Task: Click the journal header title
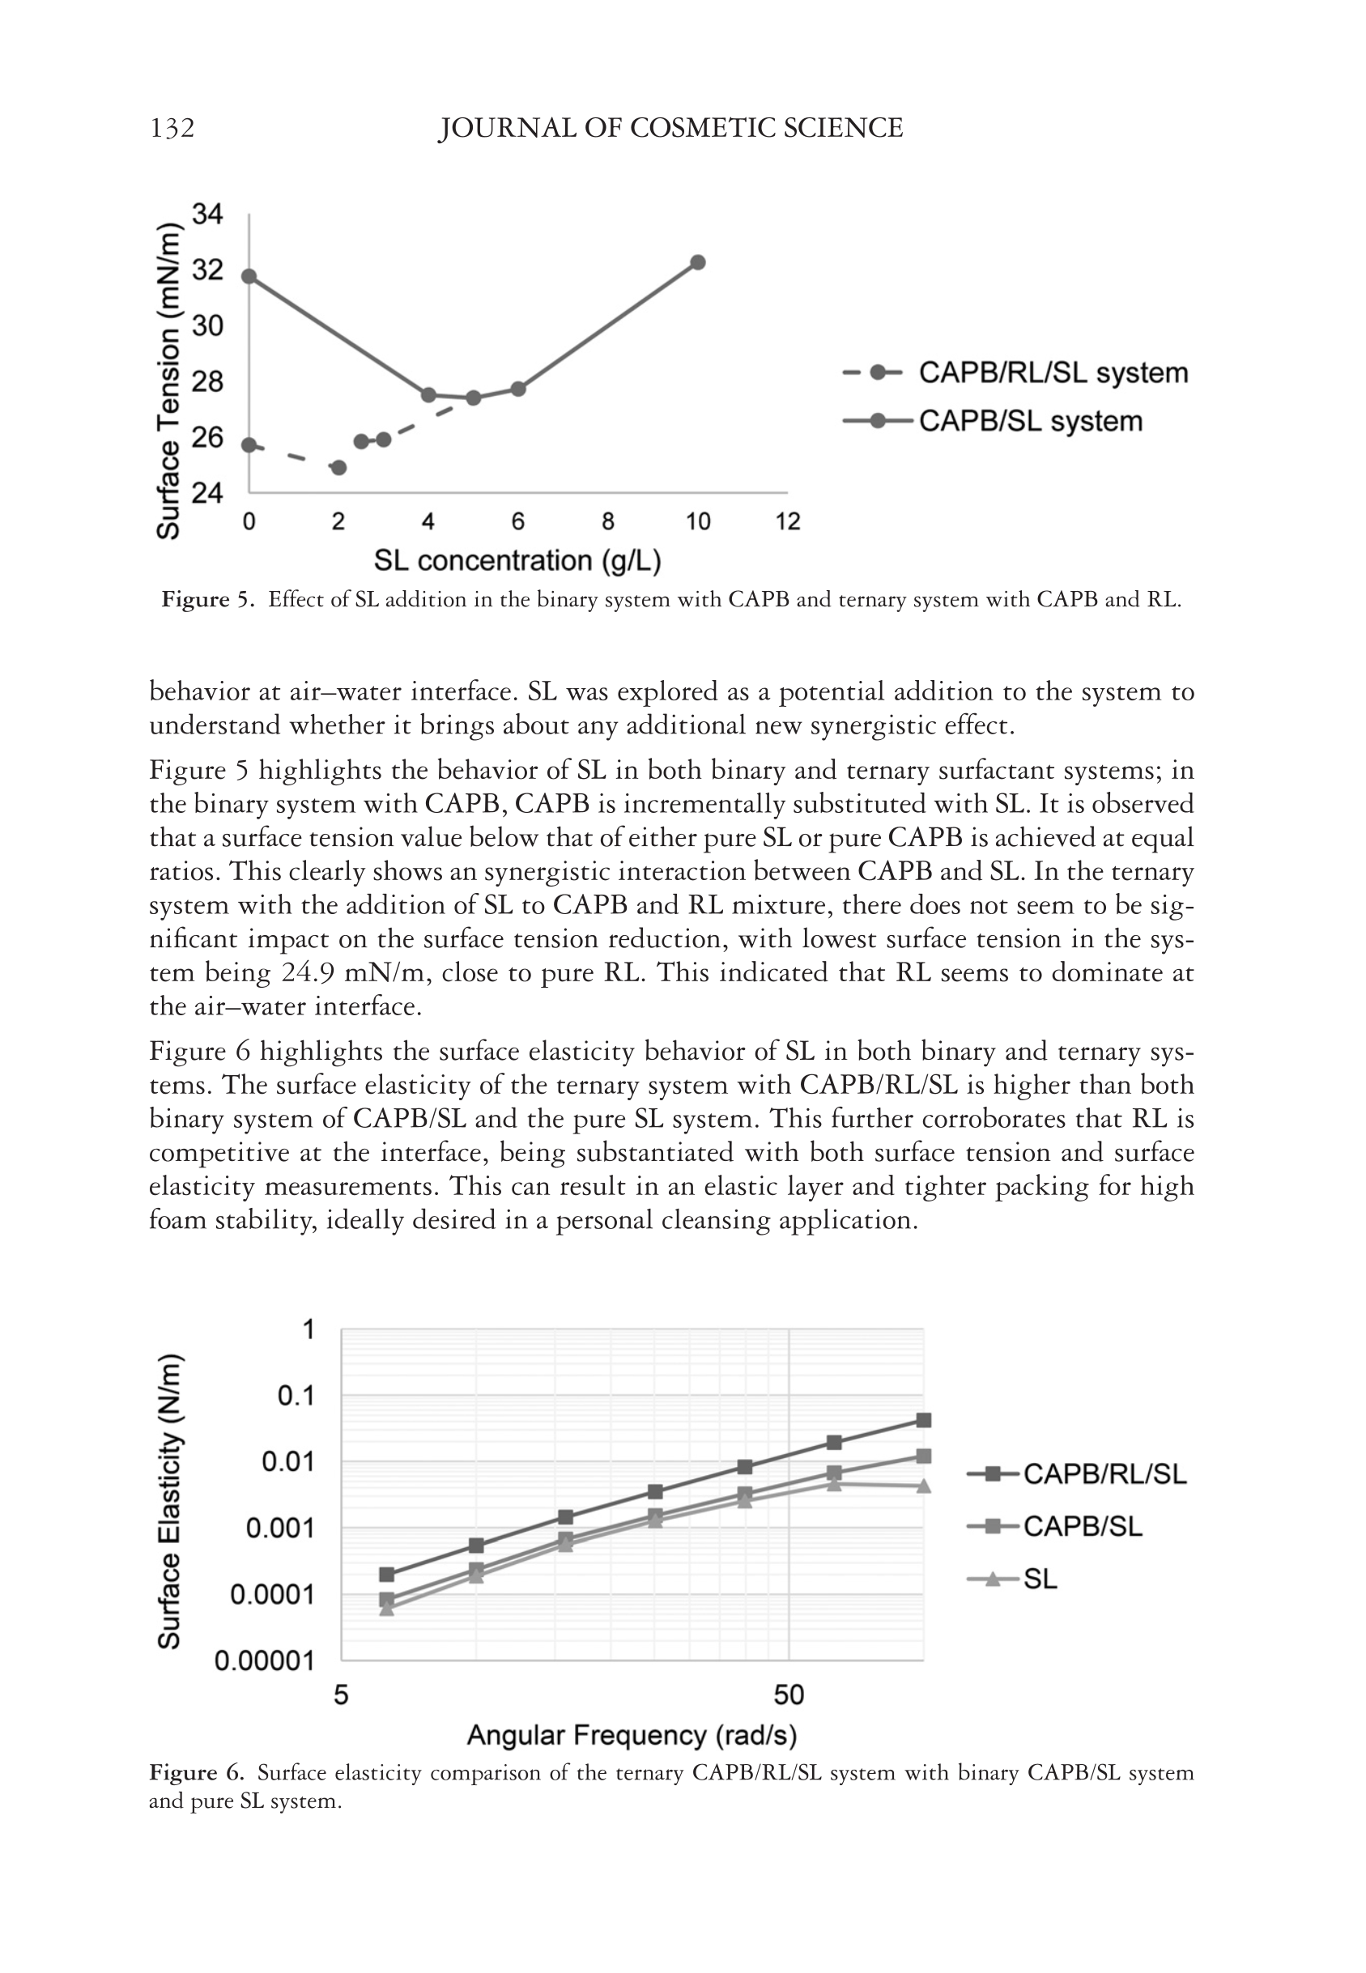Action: coord(670,129)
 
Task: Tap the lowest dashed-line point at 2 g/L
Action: coord(339,467)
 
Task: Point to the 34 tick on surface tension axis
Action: coord(207,214)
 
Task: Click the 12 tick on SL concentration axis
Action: coord(787,521)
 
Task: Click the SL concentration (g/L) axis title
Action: coord(517,560)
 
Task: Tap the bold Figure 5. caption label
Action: coord(208,599)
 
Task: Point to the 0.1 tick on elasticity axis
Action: coord(296,1396)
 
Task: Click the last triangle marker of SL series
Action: coord(924,1486)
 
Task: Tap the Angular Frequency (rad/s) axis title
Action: coord(632,1735)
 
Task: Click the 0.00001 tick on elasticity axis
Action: coord(266,1660)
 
